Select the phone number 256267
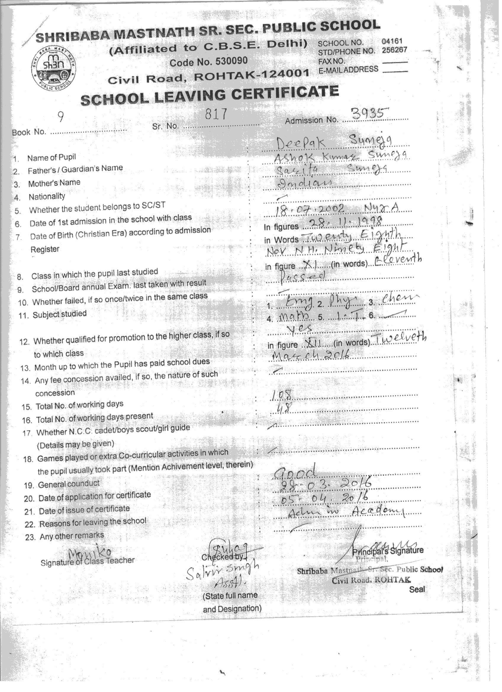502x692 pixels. pyautogui.click(x=394, y=50)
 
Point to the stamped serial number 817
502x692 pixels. pyautogui.click(x=216, y=114)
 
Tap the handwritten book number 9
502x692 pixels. pyautogui.click(x=61, y=117)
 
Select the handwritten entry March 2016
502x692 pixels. pyautogui.click(x=310, y=355)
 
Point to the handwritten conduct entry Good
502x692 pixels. pyautogui.click(x=295, y=473)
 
